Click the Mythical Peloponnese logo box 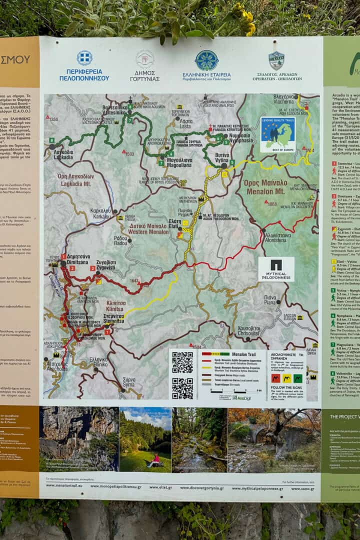pos(276,269)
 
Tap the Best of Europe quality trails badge pos(277,134)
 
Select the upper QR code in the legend pos(182,362)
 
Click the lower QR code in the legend pos(182,387)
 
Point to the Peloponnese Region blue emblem pos(84,57)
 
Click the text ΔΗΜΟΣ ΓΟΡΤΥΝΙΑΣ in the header pos(145,75)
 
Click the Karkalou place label pos(101,213)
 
